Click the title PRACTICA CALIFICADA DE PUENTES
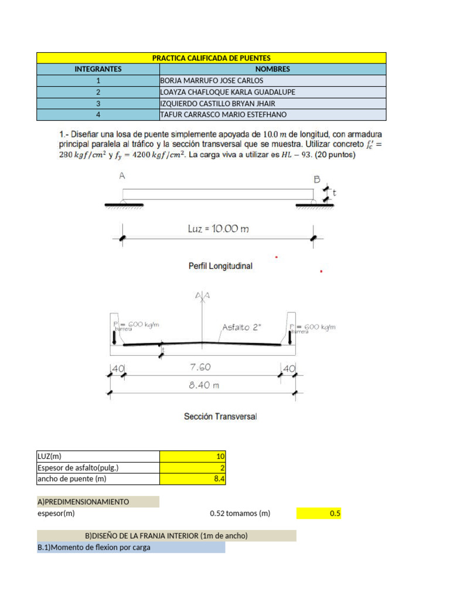(211, 58)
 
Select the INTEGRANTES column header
(98, 69)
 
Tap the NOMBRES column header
(272, 69)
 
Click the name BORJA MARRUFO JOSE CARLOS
(212, 80)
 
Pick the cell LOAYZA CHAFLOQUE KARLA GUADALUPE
(227, 92)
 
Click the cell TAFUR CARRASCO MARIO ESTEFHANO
(224, 115)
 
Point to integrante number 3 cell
(98, 103)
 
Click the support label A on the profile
(122, 175)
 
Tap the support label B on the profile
(316, 180)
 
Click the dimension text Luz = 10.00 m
(218, 229)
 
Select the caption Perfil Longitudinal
(220, 266)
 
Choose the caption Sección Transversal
(220, 417)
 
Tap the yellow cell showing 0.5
(319, 514)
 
